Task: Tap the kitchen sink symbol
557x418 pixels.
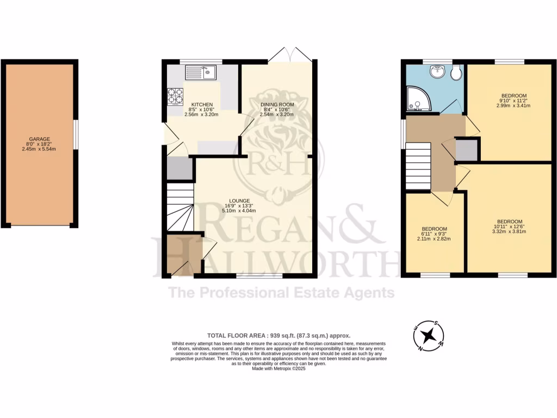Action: click(x=201, y=72)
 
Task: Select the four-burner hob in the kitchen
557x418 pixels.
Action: click(x=176, y=96)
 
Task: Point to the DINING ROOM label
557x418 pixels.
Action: click(x=277, y=104)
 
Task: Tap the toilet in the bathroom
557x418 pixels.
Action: click(x=456, y=72)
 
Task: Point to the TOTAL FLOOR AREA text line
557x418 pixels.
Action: click(x=278, y=336)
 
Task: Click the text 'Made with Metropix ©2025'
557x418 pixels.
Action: click(x=278, y=368)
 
